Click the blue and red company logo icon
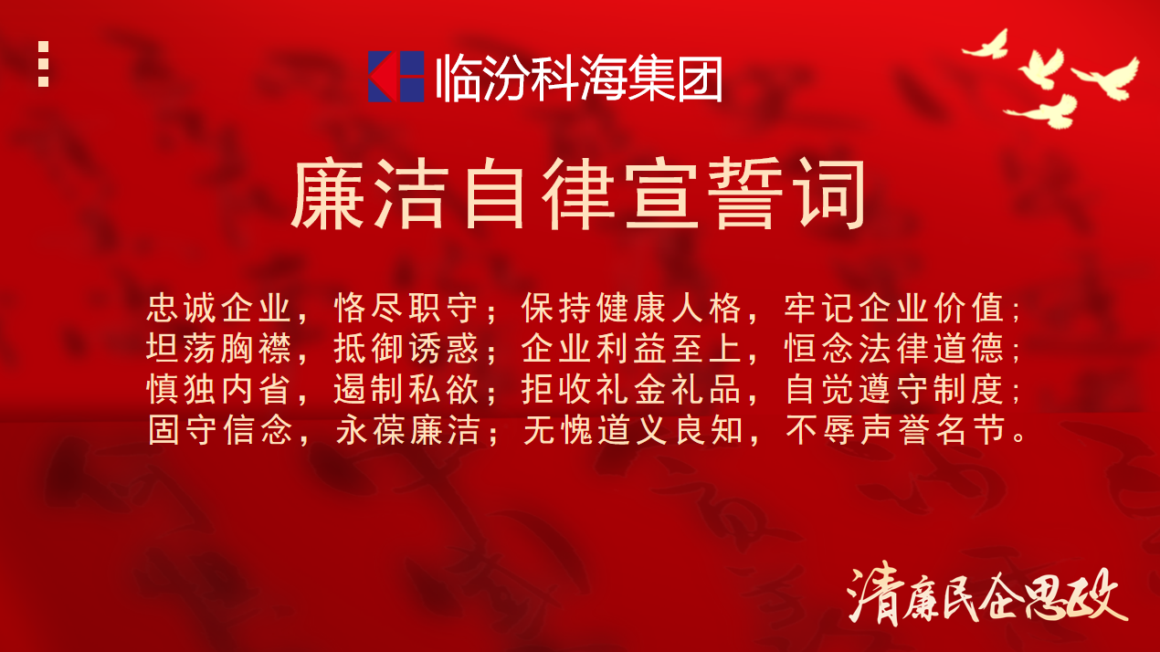click(x=396, y=76)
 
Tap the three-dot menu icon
click(x=44, y=64)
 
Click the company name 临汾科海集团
click(x=579, y=78)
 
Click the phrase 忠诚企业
click(x=218, y=308)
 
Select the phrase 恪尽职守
click(x=406, y=308)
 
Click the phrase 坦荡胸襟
click(x=218, y=348)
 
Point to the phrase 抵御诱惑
click(x=406, y=348)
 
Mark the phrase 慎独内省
click(x=218, y=389)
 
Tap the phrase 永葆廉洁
click(x=408, y=430)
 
